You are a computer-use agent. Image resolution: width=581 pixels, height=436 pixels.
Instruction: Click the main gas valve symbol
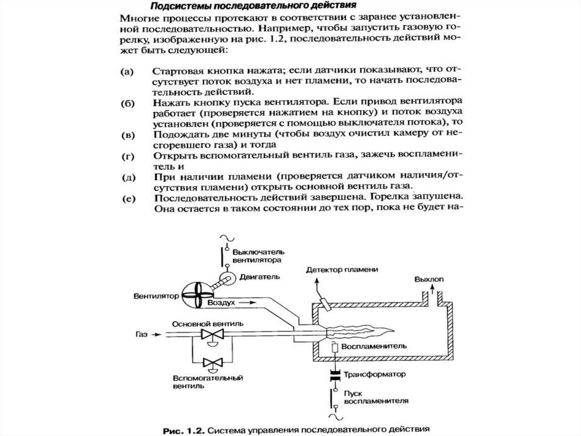coord(214,335)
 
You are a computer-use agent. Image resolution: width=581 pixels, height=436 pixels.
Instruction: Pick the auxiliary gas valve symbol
coord(214,362)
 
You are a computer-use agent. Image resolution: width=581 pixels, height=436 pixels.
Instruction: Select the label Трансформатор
coord(376,375)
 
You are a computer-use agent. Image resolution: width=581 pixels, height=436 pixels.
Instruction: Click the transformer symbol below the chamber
coord(335,375)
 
